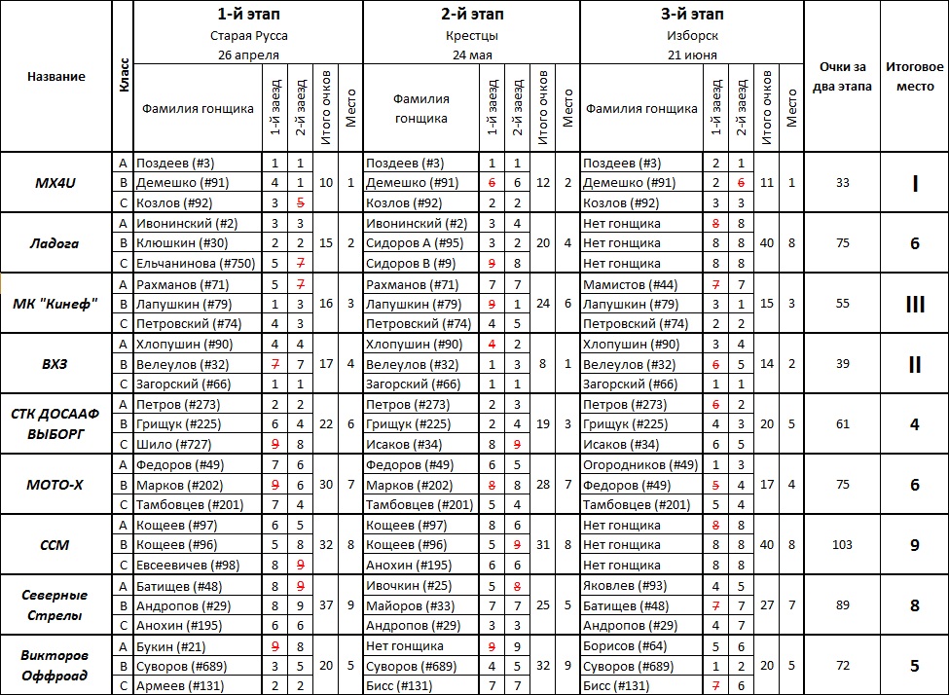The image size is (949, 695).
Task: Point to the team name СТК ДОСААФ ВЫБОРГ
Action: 55,422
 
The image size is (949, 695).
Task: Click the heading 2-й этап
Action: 472,15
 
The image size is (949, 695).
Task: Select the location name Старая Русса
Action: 248,36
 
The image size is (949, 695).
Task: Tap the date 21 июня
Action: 691,55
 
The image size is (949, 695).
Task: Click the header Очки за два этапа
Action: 842,76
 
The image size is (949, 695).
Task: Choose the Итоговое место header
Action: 914,76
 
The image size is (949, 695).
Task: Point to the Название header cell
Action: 55,76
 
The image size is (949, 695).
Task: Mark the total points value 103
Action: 842,545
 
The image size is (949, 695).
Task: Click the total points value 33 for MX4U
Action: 842,183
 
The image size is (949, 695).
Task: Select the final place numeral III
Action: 914,304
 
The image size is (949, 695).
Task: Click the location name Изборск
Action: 691,36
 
